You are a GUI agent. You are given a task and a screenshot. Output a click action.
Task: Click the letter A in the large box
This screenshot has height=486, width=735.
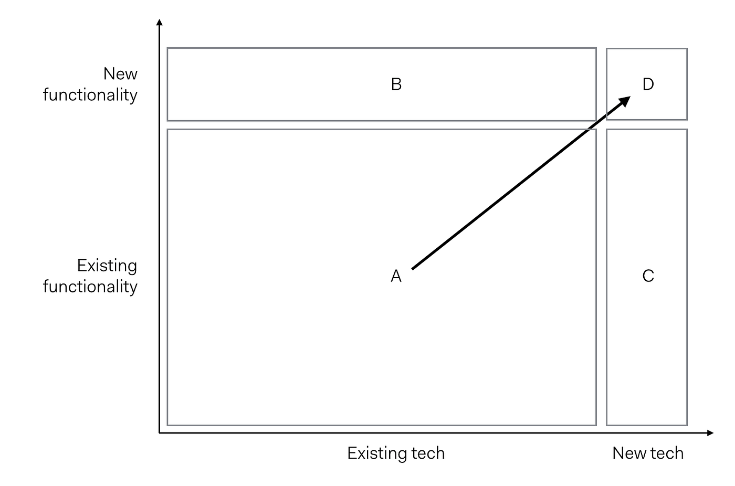click(x=396, y=276)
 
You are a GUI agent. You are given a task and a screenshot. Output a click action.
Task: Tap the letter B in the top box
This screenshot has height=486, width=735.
click(x=396, y=84)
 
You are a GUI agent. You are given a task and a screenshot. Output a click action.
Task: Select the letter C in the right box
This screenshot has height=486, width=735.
click(x=648, y=276)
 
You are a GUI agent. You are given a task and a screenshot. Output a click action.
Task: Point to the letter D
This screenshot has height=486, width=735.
click(x=648, y=84)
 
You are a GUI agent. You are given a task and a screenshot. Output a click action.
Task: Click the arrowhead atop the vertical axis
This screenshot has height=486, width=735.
click(x=160, y=23)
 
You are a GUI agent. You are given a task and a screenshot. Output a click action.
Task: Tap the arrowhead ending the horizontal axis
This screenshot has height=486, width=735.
click(x=710, y=433)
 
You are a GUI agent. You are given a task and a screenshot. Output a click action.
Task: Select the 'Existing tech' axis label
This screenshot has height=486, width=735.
click(x=396, y=453)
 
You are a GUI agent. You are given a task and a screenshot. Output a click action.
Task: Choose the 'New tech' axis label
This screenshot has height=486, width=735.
click(x=648, y=453)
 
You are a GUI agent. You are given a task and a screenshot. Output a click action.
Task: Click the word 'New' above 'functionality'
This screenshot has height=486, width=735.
click(x=120, y=73)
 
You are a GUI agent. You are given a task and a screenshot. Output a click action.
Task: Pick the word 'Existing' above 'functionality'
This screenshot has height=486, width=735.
click(x=107, y=266)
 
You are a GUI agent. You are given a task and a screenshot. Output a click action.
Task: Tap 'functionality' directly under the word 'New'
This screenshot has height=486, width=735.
click(x=90, y=95)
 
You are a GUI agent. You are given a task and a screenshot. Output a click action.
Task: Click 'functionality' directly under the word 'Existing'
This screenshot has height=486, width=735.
click(x=90, y=287)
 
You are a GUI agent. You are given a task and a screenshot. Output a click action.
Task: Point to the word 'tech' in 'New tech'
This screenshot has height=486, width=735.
click(x=667, y=453)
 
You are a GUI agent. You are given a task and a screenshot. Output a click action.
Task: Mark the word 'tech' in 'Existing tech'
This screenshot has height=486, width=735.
click(x=428, y=453)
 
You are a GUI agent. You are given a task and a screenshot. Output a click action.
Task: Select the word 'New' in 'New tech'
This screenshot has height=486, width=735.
click(x=629, y=453)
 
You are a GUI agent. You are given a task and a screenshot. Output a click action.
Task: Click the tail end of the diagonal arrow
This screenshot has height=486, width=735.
click(x=413, y=269)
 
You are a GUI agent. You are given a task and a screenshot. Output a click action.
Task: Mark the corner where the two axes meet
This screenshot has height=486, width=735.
click(x=160, y=433)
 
